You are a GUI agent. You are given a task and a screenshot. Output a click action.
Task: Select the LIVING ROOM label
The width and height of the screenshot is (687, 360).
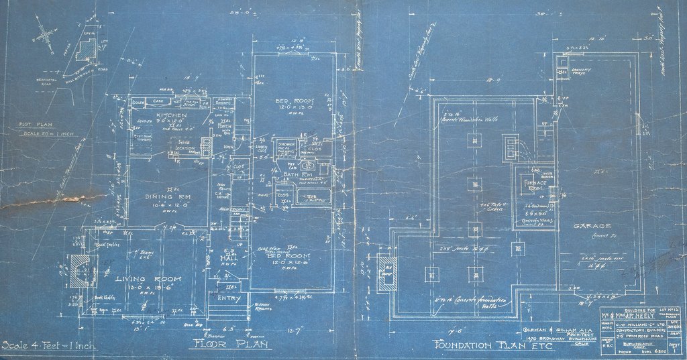pyautogui.click(x=140, y=278)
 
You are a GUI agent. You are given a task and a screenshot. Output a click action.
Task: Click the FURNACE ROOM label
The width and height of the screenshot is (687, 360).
pyautogui.click(x=534, y=184)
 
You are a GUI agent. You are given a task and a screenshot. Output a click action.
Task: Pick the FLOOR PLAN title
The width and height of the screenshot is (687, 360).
pyautogui.click(x=229, y=345)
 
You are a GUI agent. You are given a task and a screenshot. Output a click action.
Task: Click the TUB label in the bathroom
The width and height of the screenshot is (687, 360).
pyautogui.click(x=311, y=196)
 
